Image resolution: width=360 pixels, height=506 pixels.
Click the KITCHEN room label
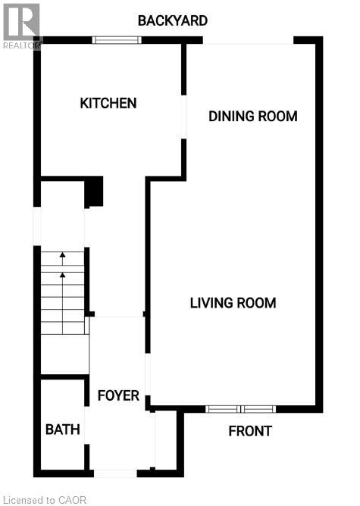108,103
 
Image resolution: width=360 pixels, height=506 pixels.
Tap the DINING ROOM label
252,116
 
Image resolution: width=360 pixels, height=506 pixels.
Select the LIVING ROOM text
233,303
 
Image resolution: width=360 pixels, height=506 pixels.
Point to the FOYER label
117,395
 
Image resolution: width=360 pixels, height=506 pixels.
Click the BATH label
62,429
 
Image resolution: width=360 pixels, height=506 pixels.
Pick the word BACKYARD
172,20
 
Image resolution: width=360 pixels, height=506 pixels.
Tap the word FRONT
250,431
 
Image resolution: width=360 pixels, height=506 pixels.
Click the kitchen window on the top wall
117,39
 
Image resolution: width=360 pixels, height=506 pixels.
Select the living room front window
240,409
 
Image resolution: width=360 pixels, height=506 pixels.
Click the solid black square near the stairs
93,192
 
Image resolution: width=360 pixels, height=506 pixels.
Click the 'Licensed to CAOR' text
45,499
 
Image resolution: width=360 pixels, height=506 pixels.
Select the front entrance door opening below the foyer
114,473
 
